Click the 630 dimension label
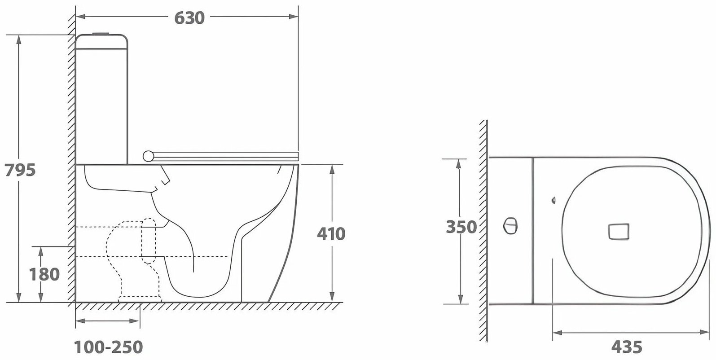[189, 18]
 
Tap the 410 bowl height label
[331, 234]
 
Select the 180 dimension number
[44, 274]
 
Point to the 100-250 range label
[108, 347]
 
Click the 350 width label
[461, 227]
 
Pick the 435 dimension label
[627, 347]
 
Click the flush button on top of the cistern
[101, 33]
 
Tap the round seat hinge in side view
[148, 156]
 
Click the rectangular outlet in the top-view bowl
[619, 232]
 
